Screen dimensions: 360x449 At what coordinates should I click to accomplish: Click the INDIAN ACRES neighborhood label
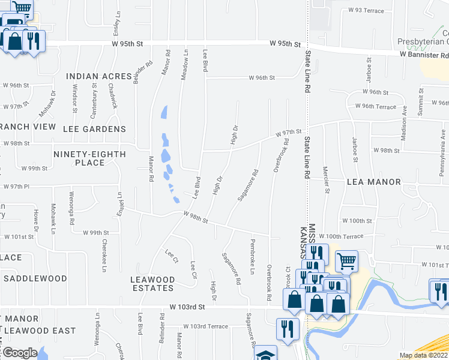click(98, 76)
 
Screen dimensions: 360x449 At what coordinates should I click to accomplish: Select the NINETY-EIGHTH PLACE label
click(89, 158)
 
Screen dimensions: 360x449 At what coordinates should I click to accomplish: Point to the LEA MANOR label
click(373, 182)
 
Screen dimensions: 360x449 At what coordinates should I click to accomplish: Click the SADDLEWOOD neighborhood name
click(35, 278)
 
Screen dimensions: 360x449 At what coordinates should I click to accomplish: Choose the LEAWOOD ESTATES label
click(153, 284)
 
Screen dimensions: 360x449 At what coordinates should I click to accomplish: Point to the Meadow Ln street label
click(185, 65)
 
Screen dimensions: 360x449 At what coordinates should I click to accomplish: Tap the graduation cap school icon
click(265, 355)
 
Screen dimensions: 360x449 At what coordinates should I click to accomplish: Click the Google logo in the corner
click(19, 353)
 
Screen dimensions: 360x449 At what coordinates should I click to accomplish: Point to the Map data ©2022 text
click(423, 355)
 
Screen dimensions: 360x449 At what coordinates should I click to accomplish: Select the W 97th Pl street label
click(16, 187)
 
